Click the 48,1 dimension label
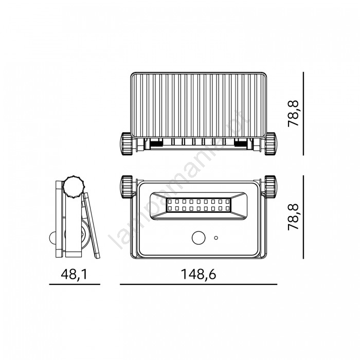point(74,274)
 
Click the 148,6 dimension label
point(199,274)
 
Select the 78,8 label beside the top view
point(293,113)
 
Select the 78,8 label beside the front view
point(293,217)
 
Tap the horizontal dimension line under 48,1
point(75,284)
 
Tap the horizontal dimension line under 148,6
point(199,284)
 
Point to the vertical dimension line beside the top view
point(303,114)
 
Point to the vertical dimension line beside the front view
point(303,217)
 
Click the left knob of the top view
point(127,143)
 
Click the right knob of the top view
point(271,143)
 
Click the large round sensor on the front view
point(199,238)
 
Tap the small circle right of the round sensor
point(216,238)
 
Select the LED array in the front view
point(199,205)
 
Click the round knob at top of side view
point(74,187)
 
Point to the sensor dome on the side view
point(52,238)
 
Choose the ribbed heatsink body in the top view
point(199,105)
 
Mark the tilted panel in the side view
point(92,225)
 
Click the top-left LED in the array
point(170,202)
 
